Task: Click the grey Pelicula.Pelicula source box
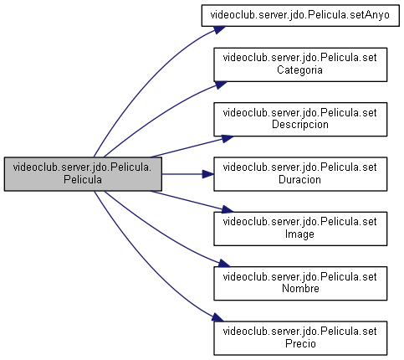(x=83, y=174)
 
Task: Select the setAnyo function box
(x=300, y=16)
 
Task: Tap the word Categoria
(x=299, y=69)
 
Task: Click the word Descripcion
(x=300, y=125)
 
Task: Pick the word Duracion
(x=299, y=179)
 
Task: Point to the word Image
(x=299, y=234)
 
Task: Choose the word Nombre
(x=300, y=288)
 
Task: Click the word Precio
(x=300, y=343)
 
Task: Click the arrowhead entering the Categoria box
(x=221, y=85)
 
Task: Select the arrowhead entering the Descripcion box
(x=228, y=139)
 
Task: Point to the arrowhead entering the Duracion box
(x=208, y=174)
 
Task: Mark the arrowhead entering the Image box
(x=228, y=209)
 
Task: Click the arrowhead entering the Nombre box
(x=224, y=264)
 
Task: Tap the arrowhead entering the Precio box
(x=217, y=317)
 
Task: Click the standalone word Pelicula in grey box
(x=83, y=179)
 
